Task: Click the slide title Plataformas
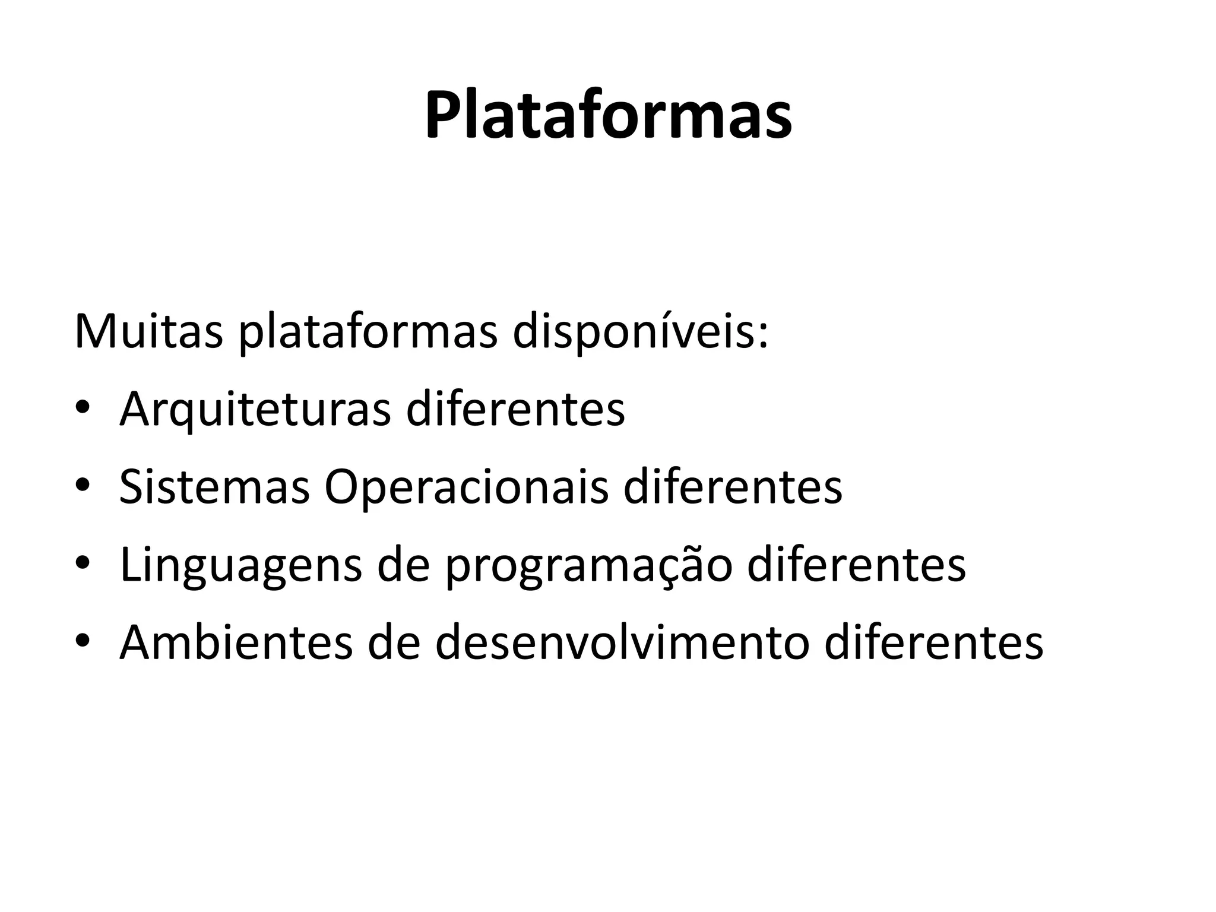(608, 115)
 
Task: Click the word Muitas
(148, 331)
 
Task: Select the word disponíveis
(640, 331)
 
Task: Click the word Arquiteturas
(255, 410)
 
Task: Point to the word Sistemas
(214, 487)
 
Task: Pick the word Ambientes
(236, 643)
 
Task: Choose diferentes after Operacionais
(733, 487)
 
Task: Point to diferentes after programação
(856, 565)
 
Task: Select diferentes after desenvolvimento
(934, 643)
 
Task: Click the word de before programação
(403, 565)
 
